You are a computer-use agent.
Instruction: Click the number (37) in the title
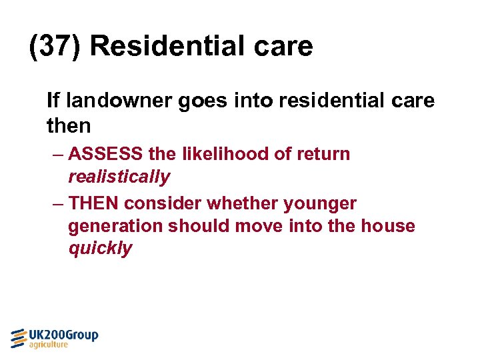pyautogui.click(x=55, y=47)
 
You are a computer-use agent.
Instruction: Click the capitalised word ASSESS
pyautogui.click(x=105, y=154)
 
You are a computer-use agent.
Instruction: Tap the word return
pyautogui.click(x=323, y=154)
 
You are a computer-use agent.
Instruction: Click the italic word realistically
pyautogui.click(x=119, y=177)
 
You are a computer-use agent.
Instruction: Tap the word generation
pyautogui.click(x=115, y=227)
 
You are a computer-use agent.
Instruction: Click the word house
pyautogui.click(x=388, y=226)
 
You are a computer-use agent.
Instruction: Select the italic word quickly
pyautogui.click(x=100, y=249)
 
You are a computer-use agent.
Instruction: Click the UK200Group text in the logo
pyautogui.click(x=63, y=335)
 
